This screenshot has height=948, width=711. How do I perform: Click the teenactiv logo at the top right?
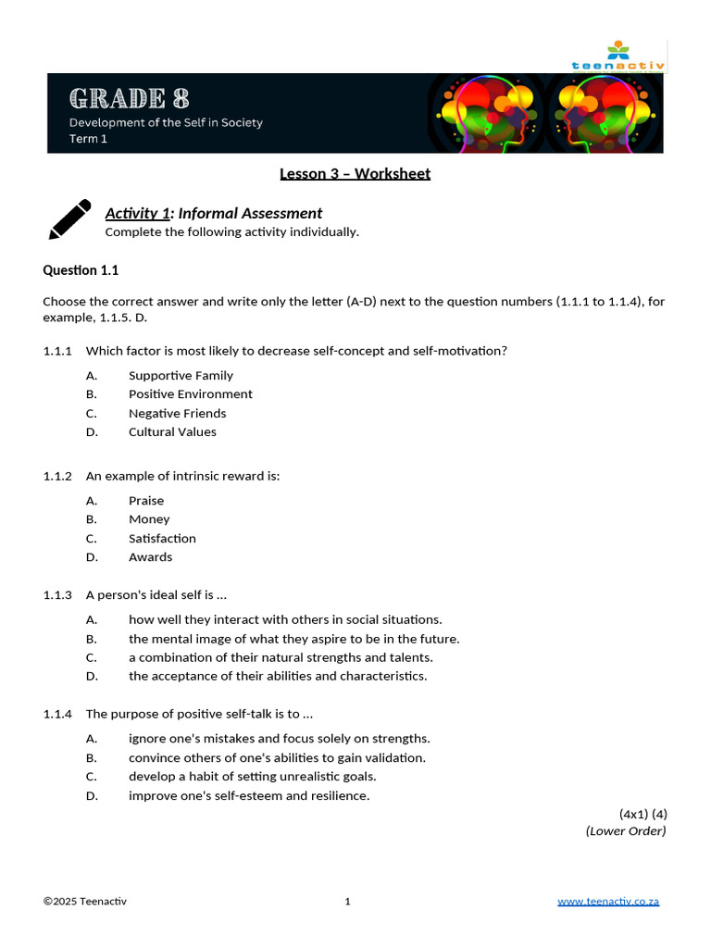(629, 57)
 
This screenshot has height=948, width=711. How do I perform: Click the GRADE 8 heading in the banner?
(130, 97)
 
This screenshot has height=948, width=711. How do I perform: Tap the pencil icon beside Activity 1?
(69, 219)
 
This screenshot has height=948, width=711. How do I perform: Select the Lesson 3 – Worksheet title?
(355, 173)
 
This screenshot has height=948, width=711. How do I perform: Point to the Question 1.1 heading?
(81, 270)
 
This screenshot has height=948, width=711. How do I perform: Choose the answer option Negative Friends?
(177, 413)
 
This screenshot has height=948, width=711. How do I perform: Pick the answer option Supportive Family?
(181, 375)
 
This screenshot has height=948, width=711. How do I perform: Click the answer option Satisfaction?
(162, 538)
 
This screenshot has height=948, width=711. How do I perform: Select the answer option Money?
(149, 519)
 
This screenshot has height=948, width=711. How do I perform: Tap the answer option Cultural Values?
(172, 431)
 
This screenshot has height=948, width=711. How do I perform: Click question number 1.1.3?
(57, 594)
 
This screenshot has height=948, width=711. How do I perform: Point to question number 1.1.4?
(57, 714)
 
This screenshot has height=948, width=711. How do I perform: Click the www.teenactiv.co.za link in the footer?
(608, 902)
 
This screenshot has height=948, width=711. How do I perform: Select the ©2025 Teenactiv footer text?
(85, 902)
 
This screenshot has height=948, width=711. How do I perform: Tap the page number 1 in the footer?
(347, 902)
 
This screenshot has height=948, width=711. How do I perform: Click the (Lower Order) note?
(626, 830)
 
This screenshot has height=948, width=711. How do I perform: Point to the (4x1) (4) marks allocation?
(643, 814)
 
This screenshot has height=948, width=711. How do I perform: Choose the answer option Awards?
(150, 556)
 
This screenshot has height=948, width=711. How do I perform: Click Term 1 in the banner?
(88, 139)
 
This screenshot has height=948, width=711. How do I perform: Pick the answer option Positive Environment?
(190, 393)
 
